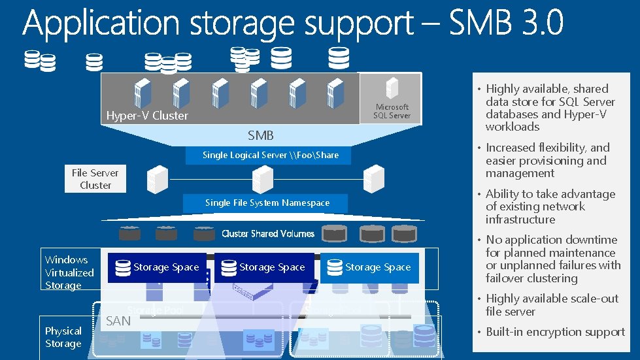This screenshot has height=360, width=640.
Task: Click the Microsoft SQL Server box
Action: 392,99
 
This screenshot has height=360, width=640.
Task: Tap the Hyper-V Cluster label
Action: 147,116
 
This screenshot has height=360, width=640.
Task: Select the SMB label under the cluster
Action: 260,136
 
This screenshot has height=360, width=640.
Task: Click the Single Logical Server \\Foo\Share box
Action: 270,155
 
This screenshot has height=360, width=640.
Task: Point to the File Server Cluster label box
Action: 95,179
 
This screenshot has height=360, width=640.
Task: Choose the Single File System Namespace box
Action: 267,203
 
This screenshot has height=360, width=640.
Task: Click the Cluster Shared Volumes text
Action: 268,233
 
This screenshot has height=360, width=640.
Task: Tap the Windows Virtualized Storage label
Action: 69,272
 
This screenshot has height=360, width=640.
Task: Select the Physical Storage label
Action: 63,337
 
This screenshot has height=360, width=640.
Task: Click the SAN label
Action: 118,320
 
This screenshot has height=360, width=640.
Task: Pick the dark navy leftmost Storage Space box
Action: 157,267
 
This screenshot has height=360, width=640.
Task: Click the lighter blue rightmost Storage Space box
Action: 369,267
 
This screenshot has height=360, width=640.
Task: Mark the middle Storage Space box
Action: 263,267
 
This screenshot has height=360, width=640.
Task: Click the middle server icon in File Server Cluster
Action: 261,178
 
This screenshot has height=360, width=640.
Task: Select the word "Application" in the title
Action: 101,25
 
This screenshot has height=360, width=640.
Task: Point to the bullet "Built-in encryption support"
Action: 555,332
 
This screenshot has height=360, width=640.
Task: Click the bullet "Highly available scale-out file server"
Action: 551,305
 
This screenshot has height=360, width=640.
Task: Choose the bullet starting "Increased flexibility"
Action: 547,161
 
